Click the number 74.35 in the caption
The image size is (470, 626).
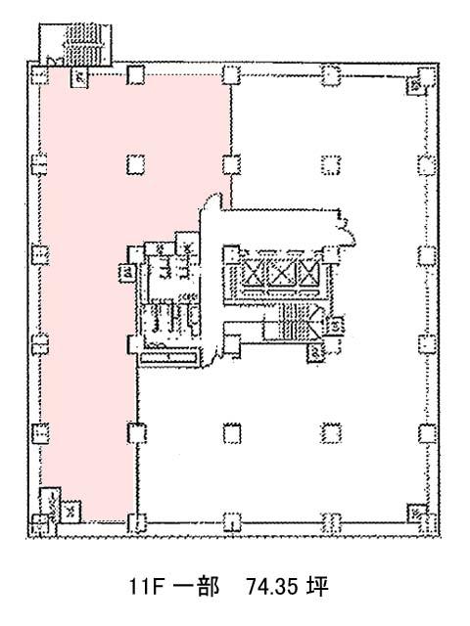(272, 586)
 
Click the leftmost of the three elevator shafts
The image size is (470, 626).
(254, 274)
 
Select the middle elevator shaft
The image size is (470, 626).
(281, 274)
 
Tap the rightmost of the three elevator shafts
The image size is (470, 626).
(309, 274)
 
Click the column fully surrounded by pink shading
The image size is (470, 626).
(136, 164)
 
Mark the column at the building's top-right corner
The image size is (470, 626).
(427, 76)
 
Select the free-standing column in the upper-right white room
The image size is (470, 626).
(331, 165)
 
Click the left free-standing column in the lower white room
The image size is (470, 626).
(232, 433)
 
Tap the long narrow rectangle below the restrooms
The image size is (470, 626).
(169, 357)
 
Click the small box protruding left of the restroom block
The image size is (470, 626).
(126, 274)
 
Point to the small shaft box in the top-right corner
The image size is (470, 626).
(413, 86)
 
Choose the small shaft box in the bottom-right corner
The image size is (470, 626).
(414, 513)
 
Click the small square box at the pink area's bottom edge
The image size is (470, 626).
(70, 512)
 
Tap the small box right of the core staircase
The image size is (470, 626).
(335, 326)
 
